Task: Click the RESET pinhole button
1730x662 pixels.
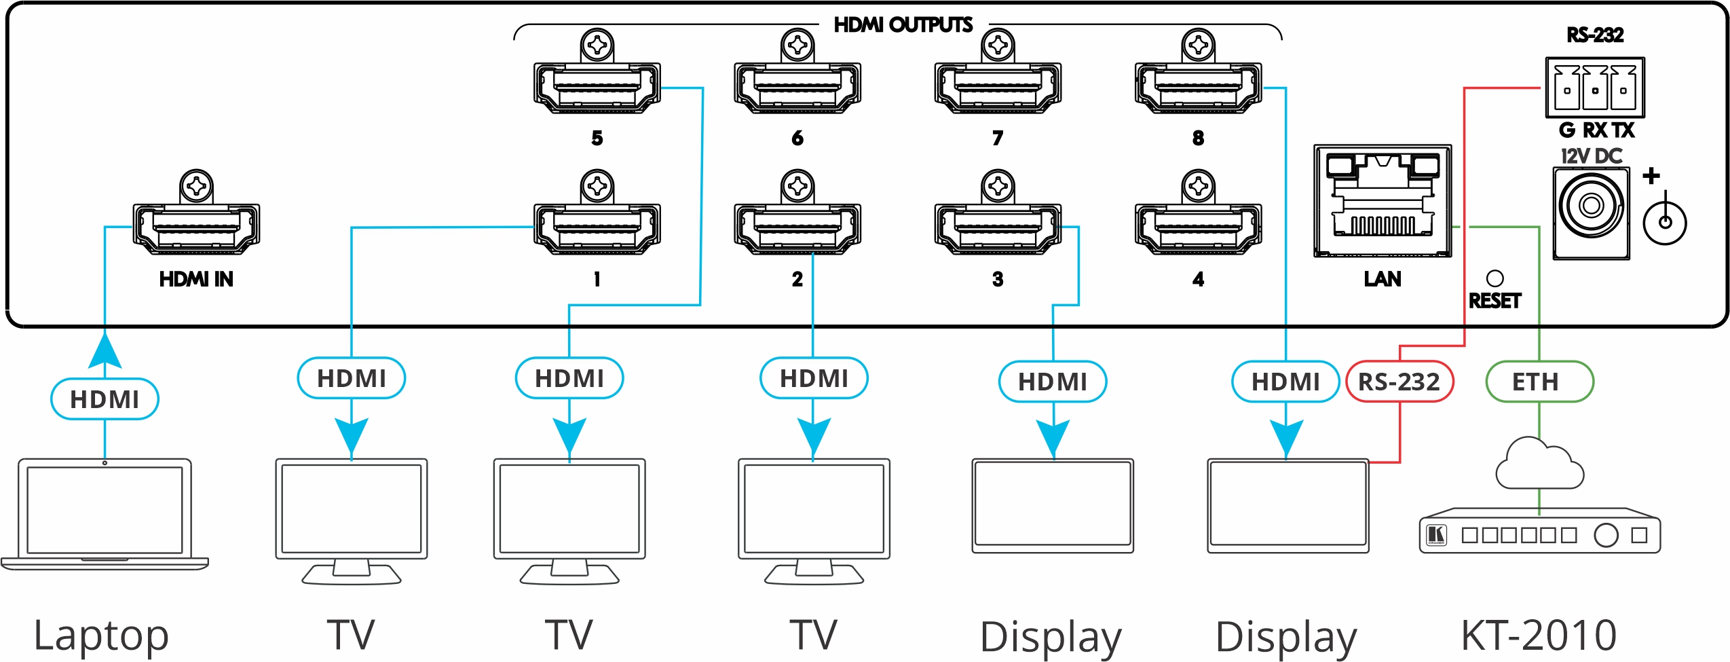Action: [1494, 278]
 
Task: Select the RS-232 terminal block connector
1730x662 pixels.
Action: [1594, 88]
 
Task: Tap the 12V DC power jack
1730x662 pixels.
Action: [1591, 205]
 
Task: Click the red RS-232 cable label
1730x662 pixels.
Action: [1399, 382]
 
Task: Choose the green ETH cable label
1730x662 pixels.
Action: [1539, 382]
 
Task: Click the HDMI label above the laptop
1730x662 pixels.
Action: [105, 399]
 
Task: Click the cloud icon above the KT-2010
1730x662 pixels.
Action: [1539, 465]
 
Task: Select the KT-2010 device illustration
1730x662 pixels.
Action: [1539, 535]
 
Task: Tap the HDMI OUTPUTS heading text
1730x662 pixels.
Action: [903, 25]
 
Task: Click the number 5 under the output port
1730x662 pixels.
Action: [597, 138]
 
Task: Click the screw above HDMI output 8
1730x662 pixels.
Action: [1198, 45]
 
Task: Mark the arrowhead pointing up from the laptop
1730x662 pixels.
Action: [105, 350]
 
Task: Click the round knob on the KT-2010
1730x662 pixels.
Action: [1606, 535]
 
